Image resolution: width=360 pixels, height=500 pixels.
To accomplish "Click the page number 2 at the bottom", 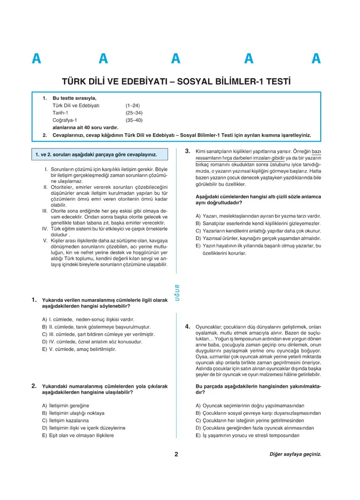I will point(176,454).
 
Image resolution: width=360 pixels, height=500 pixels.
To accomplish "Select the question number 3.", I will point(188,151).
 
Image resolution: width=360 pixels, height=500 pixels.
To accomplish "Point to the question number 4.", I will point(188,326).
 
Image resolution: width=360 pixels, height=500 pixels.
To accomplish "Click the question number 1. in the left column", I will point(35,300).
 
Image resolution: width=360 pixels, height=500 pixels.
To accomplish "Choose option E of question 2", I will point(78,435).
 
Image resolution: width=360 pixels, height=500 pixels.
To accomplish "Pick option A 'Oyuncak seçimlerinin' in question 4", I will point(250,406).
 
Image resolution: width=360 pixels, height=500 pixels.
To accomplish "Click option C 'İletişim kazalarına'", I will point(65,420).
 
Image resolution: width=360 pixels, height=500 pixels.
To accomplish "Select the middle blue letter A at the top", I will point(176,59).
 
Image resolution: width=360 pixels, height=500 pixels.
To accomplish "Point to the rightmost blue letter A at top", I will point(316,59).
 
